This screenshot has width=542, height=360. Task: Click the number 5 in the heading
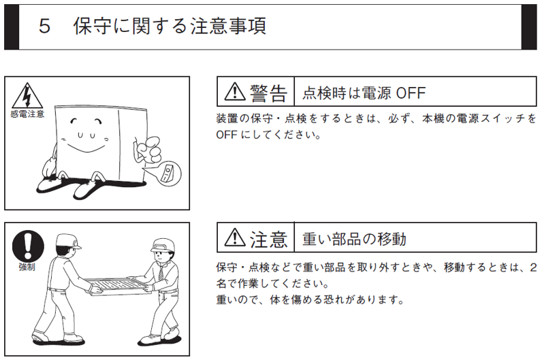[x=44, y=27]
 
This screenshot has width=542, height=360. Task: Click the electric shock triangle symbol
[x=27, y=96]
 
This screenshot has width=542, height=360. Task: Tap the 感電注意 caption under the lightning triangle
[x=27, y=114]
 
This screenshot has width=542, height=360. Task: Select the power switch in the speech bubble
[x=167, y=173]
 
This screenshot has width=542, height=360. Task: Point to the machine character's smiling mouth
[x=86, y=148]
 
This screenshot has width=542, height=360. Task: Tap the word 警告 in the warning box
[x=268, y=93]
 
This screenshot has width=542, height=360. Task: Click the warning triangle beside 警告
[x=235, y=92]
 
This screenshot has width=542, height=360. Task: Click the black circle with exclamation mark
[x=29, y=245]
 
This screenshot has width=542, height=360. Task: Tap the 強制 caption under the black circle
[x=27, y=267]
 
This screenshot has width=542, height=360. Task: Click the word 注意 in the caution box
[x=268, y=239]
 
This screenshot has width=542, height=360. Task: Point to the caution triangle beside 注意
[x=235, y=238]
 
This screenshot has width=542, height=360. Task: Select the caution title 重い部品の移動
[x=354, y=239]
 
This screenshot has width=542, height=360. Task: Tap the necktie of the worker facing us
[x=161, y=272]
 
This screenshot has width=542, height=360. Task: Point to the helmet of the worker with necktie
[x=163, y=245]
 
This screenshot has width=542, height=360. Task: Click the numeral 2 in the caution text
[x=533, y=267]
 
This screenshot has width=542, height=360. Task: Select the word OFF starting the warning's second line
[x=227, y=134]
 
